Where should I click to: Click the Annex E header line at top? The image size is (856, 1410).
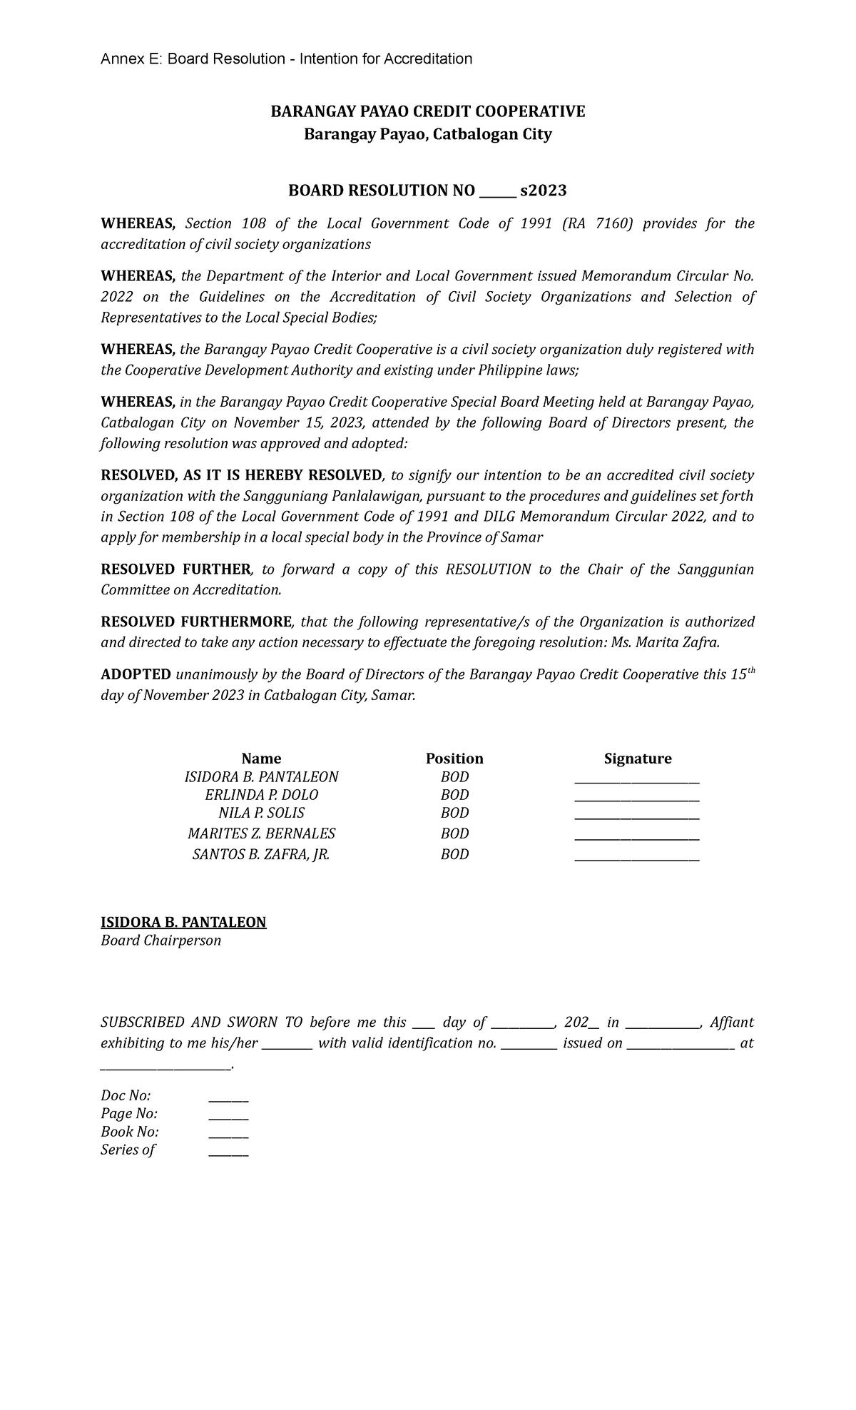pos(286,59)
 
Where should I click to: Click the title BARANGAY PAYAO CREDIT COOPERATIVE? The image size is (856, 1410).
pos(427,111)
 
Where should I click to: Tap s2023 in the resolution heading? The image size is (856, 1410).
pos(544,191)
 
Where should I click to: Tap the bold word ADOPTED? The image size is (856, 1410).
pos(136,675)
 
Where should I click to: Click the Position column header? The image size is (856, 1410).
pos(454,759)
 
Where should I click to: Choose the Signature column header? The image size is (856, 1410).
pos(637,759)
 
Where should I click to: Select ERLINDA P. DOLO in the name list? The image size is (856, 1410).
pos(261,795)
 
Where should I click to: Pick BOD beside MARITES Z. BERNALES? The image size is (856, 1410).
pos(454,833)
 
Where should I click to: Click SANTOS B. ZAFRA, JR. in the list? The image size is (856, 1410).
pos(261,854)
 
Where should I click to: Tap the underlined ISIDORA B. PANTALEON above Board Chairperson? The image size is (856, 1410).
pos(183,923)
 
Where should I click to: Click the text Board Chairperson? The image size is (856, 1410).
pos(160,941)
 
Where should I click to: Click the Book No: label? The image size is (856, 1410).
pos(129,1132)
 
